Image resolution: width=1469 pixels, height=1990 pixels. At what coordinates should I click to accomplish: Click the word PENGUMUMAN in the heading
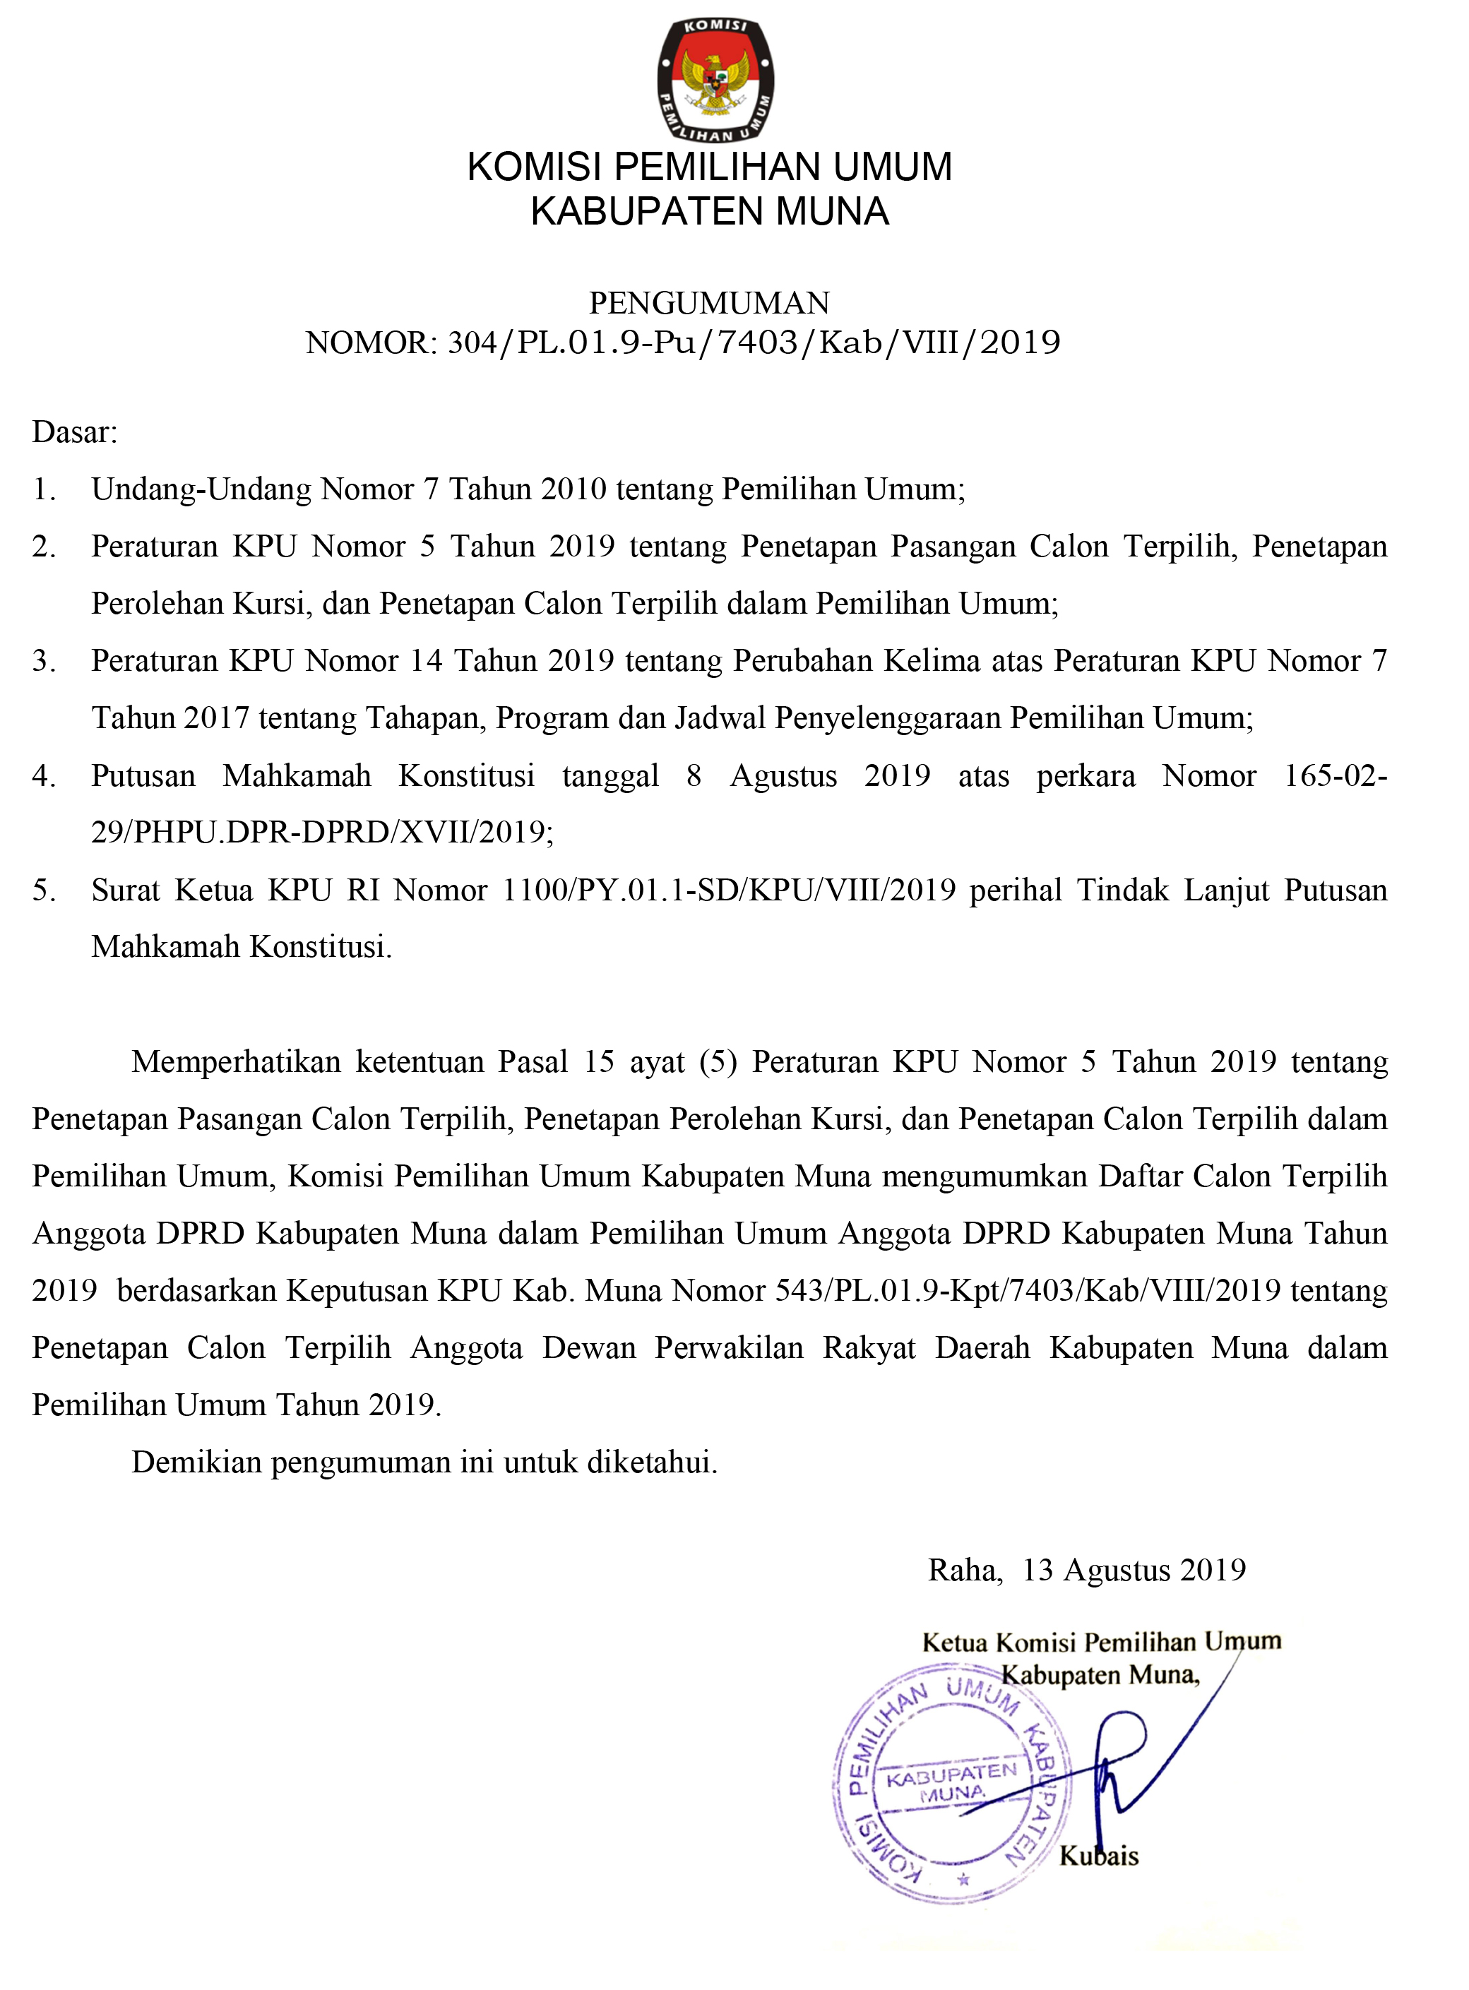(x=708, y=303)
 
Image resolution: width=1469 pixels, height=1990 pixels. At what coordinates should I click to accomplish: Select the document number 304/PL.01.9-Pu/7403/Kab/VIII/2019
(x=754, y=342)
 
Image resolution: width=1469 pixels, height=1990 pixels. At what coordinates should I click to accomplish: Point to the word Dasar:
(x=75, y=432)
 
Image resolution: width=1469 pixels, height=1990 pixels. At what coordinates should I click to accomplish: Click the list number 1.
(x=44, y=489)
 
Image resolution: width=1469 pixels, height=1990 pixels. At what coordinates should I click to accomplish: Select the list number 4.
(x=44, y=775)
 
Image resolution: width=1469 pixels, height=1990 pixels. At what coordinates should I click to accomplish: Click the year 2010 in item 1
(x=573, y=489)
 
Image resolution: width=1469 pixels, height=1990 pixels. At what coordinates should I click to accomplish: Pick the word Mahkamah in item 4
(x=297, y=775)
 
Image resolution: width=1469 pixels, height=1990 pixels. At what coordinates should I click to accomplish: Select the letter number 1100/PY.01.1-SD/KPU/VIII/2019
(x=729, y=889)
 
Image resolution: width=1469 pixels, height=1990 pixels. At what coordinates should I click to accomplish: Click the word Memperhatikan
(x=237, y=1061)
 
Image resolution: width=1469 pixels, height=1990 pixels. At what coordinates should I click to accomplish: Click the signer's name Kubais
(x=1099, y=1856)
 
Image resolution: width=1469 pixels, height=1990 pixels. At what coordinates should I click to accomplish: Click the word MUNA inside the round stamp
(x=952, y=1794)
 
